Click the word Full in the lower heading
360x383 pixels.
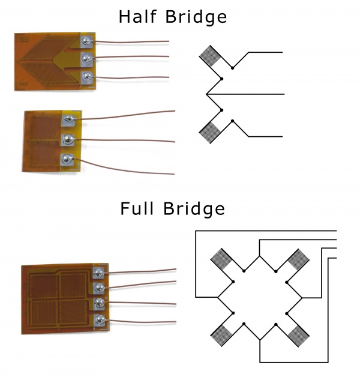[x=138, y=209]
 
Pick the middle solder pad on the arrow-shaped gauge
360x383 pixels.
[x=87, y=59]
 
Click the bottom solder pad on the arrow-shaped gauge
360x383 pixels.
[x=87, y=76]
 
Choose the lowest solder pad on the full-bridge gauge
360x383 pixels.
[x=101, y=319]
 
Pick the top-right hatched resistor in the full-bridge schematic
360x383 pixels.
[x=298, y=259]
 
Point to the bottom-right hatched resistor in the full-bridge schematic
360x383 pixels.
[x=298, y=335]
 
